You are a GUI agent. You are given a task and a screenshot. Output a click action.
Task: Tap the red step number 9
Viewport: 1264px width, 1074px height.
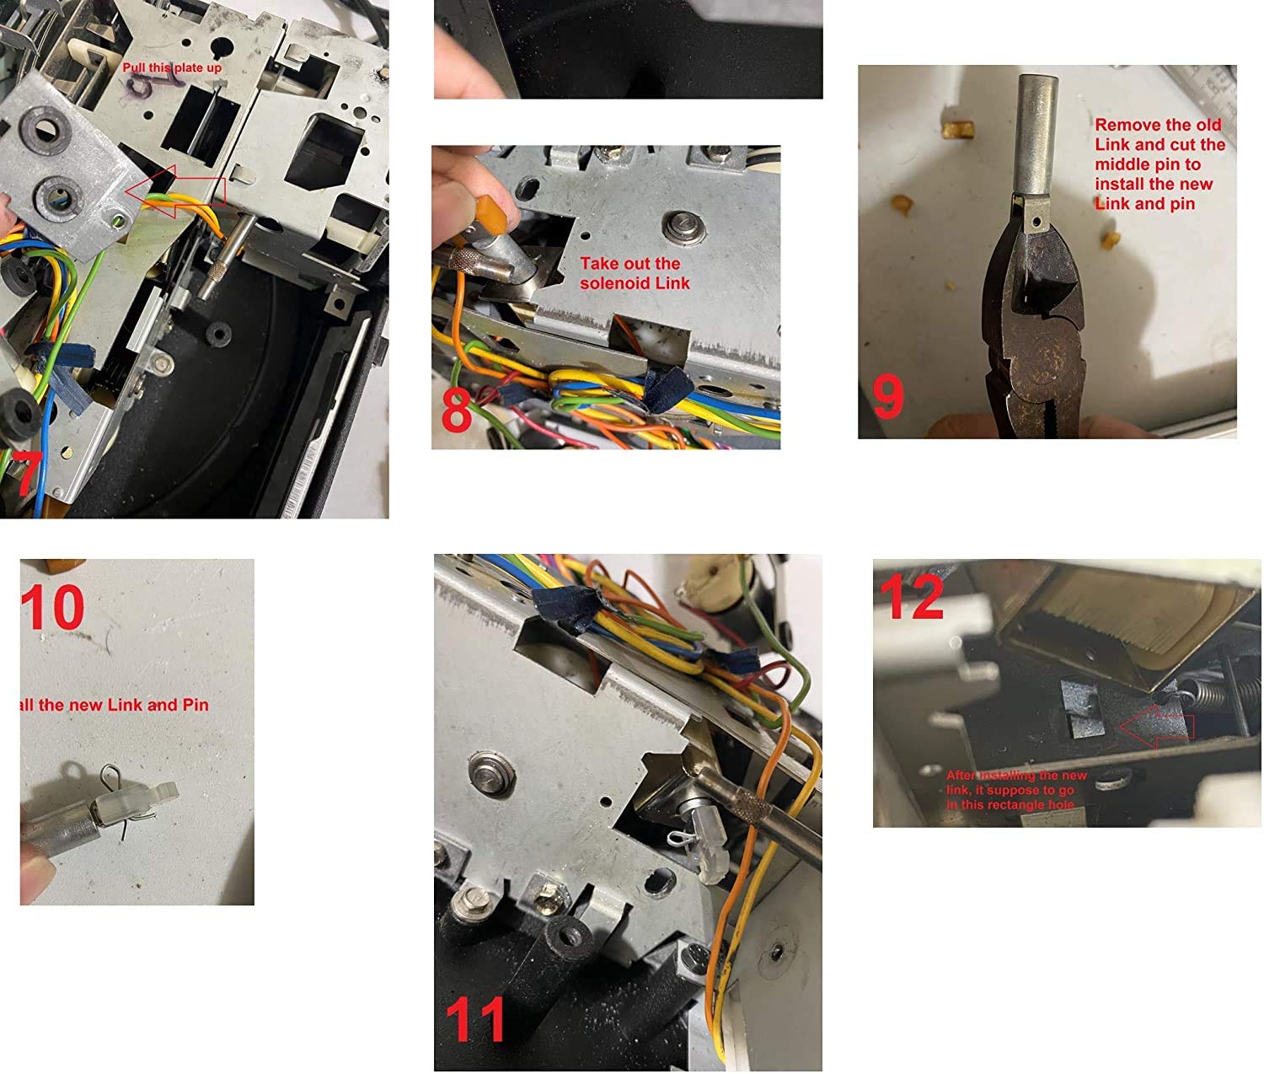(x=887, y=396)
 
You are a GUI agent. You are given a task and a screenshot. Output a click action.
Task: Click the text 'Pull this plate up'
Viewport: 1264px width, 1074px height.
(x=172, y=67)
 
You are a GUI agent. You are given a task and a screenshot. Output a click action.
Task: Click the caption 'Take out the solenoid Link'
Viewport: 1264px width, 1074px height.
(x=634, y=273)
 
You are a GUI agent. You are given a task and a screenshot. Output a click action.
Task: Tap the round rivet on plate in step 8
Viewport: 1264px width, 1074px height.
(x=678, y=225)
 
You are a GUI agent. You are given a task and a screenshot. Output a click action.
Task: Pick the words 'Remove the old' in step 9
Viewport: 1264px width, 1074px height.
(x=1157, y=125)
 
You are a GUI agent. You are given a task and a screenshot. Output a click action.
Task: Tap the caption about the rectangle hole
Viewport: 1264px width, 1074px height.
(x=1015, y=790)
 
